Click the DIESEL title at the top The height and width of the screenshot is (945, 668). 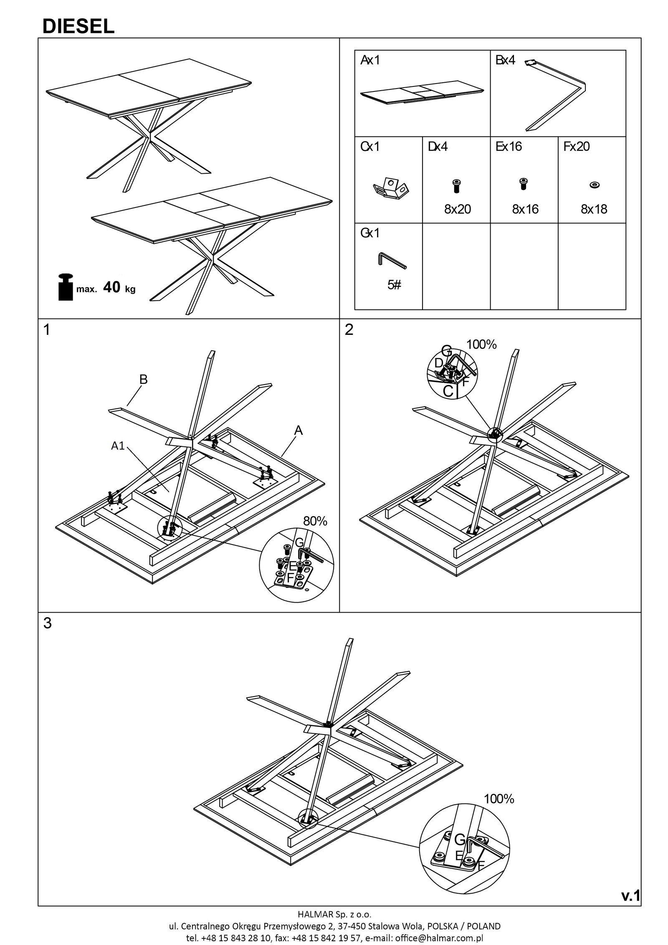click(x=78, y=27)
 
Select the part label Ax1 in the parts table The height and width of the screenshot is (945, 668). click(x=370, y=61)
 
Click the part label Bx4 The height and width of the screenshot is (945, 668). click(x=505, y=61)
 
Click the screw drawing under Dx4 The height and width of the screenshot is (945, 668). click(x=456, y=185)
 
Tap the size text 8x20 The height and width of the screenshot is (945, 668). click(x=457, y=209)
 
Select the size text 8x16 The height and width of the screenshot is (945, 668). click(x=525, y=209)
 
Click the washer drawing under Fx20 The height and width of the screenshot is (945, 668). click(x=592, y=185)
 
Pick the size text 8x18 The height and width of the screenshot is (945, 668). click(x=594, y=209)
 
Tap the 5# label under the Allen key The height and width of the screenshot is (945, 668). click(x=394, y=285)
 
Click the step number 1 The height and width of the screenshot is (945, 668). click(x=47, y=330)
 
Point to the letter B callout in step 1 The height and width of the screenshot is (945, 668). click(x=144, y=380)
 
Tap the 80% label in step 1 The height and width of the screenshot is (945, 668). click(x=315, y=521)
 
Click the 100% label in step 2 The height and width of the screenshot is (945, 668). click(x=481, y=345)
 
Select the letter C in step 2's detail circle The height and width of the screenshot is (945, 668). click(x=448, y=391)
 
